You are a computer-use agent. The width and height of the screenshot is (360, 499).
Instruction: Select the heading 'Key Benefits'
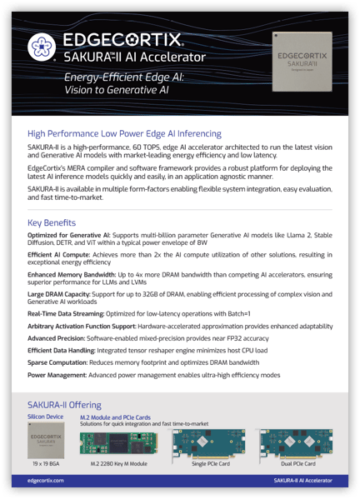coord(52,223)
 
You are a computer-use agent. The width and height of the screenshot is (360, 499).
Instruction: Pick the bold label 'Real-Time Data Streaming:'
coord(67,316)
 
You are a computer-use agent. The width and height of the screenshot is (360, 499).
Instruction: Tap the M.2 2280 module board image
coord(117,443)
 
